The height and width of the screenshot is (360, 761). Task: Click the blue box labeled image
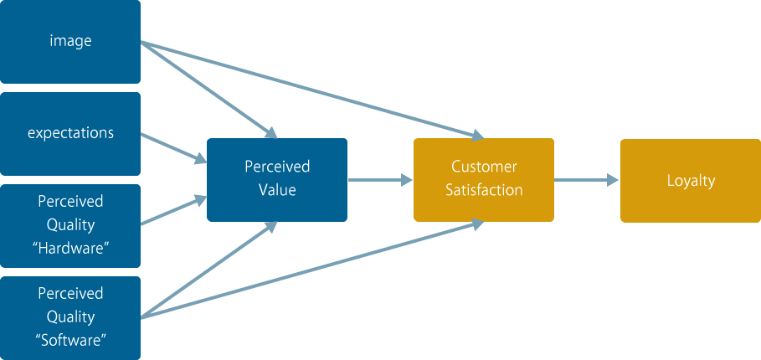(70, 42)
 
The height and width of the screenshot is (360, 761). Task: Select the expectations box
(70, 134)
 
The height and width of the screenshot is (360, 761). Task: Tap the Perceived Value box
(277, 180)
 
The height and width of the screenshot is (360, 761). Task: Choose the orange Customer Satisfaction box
(484, 180)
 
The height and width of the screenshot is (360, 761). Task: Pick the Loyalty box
(691, 181)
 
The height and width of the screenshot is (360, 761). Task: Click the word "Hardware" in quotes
(70, 249)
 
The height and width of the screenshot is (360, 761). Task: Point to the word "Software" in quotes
(71, 340)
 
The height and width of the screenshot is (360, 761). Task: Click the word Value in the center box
(277, 190)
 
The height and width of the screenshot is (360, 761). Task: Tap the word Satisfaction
(485, 190)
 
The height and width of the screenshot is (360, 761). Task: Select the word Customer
(485, 167)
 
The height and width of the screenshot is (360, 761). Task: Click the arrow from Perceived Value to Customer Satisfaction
(380, 180)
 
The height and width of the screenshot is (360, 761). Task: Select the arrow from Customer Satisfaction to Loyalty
(586, 180)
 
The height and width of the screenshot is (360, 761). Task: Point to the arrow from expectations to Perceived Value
(174, 148)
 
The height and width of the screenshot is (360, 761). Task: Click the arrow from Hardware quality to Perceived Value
(174, 211)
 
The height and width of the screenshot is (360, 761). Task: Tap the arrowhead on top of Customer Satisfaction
(477, 136)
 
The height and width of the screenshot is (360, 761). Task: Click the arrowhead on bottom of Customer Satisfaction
(477, 224)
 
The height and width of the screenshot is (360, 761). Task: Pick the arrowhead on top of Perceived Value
(270, 132)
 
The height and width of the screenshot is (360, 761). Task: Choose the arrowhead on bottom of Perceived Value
(270, 228)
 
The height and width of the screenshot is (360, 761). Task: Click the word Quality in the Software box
(70, 317)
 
